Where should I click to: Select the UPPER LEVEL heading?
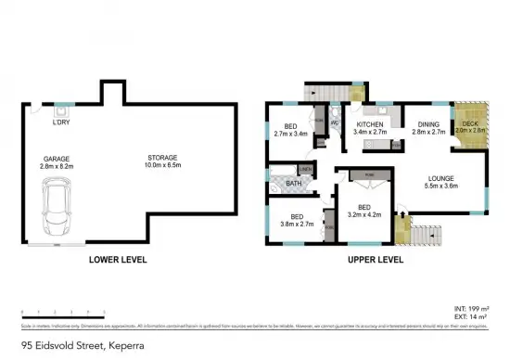pos(375,261)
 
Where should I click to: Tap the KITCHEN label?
pos(370,124)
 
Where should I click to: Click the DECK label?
pos(470,124)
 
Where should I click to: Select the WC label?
pos(334,122)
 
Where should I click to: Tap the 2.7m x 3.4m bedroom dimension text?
pos(292,134)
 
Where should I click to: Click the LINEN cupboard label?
pos(305,170)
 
